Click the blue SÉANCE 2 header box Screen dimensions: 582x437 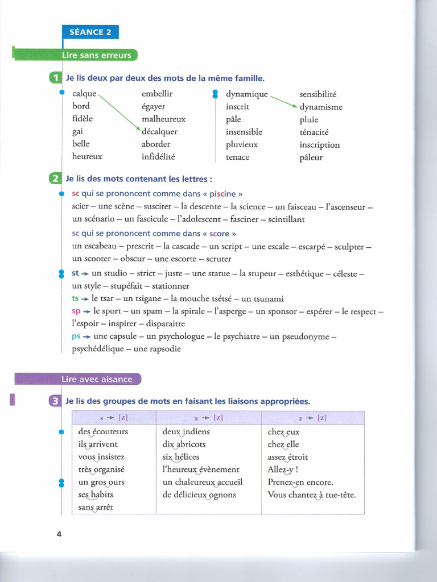pyautogui.click(x=90, y=32)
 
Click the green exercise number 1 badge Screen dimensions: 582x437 pyautogui.click(x=56, y=78)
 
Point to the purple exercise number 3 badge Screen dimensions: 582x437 pyautogui.click(x=56, y=401)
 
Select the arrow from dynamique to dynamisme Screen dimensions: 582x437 pyautogui.click(x=283, y=101)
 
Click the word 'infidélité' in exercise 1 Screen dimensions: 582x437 pyautogui.click(x=158, y=156)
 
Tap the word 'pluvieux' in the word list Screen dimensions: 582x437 pyautogui.click(x=241, y=144)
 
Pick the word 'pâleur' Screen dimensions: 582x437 pyautogui.click(x=311, y=157)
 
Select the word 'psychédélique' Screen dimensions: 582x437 pyautogui.click(x=97, y=349)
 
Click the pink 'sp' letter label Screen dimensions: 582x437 pyautogui.click(x=76, y=311)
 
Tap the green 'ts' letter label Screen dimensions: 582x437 pyautogui.click(x=76, y=298)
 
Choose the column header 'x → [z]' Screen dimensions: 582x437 pyautogui.click(x=208, y=418)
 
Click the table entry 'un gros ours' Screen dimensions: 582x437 pyautogui.click(x=101, y=482)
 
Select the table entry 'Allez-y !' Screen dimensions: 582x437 pyautogui.click(x=283, y=469)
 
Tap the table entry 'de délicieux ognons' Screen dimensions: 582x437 pyautogui.click(x=199, y=494)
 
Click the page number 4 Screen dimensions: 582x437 pyautogui.click(x=59, y=534)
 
